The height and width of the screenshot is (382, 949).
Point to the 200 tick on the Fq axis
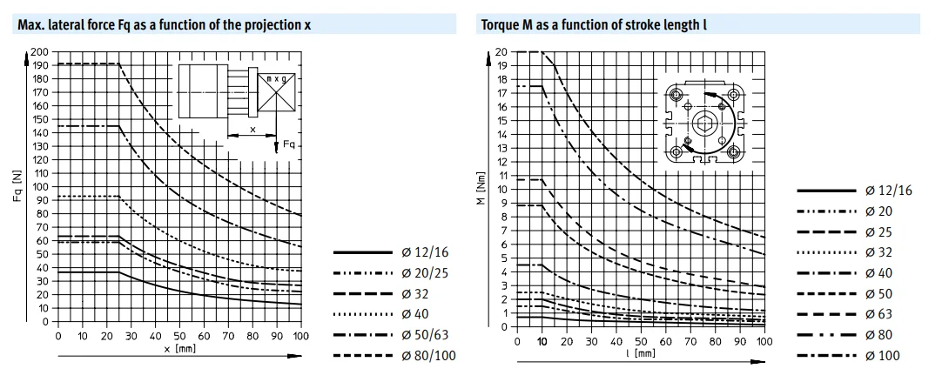click(39, 52)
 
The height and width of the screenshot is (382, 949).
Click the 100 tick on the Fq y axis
click(39, 187)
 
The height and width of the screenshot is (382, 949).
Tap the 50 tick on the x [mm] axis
click(179, 336)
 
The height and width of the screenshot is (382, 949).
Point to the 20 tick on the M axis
click(501, 52)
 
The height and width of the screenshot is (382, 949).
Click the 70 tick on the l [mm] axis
click(690, 341)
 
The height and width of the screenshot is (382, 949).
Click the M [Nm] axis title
click(480, 183)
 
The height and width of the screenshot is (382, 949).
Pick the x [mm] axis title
click(178, 349)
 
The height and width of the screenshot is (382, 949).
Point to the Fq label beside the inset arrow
click(288, 144)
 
